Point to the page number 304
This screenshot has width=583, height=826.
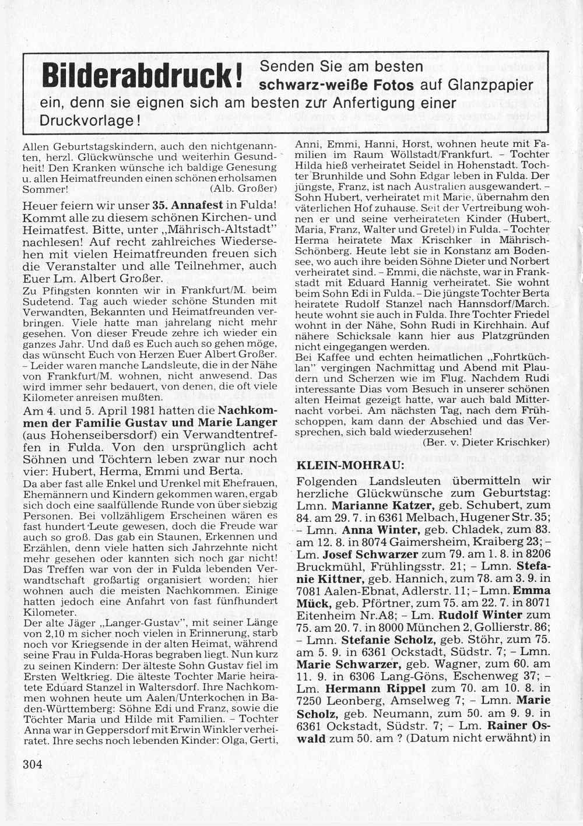click(33, 765)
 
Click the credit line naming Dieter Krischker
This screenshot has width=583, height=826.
click(486, 442)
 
